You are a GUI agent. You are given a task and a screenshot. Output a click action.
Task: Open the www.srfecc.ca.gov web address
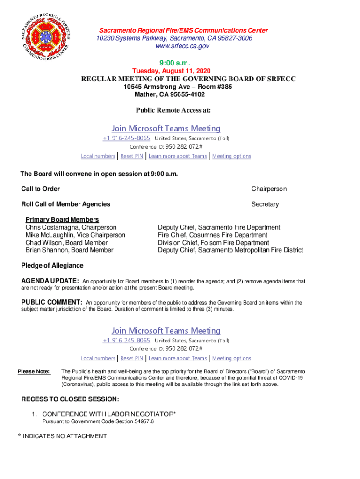[x=179, y=46]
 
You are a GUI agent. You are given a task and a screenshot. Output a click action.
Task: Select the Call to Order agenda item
[x=41, y=189]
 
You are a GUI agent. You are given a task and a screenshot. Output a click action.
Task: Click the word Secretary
[x=265, y=204]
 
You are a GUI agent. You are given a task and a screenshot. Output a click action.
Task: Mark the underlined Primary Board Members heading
[x=62, y=219]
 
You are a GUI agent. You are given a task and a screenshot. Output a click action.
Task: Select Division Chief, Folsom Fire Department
[x=213, y=243]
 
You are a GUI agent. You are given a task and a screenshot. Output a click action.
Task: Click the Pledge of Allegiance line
[x=52, y=266]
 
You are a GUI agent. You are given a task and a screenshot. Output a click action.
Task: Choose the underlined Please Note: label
[x=34, y=371]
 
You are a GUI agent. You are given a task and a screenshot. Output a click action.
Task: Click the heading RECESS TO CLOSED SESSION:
[x=70, y=399]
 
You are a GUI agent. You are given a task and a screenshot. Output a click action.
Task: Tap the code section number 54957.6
[x=143, y=421]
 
